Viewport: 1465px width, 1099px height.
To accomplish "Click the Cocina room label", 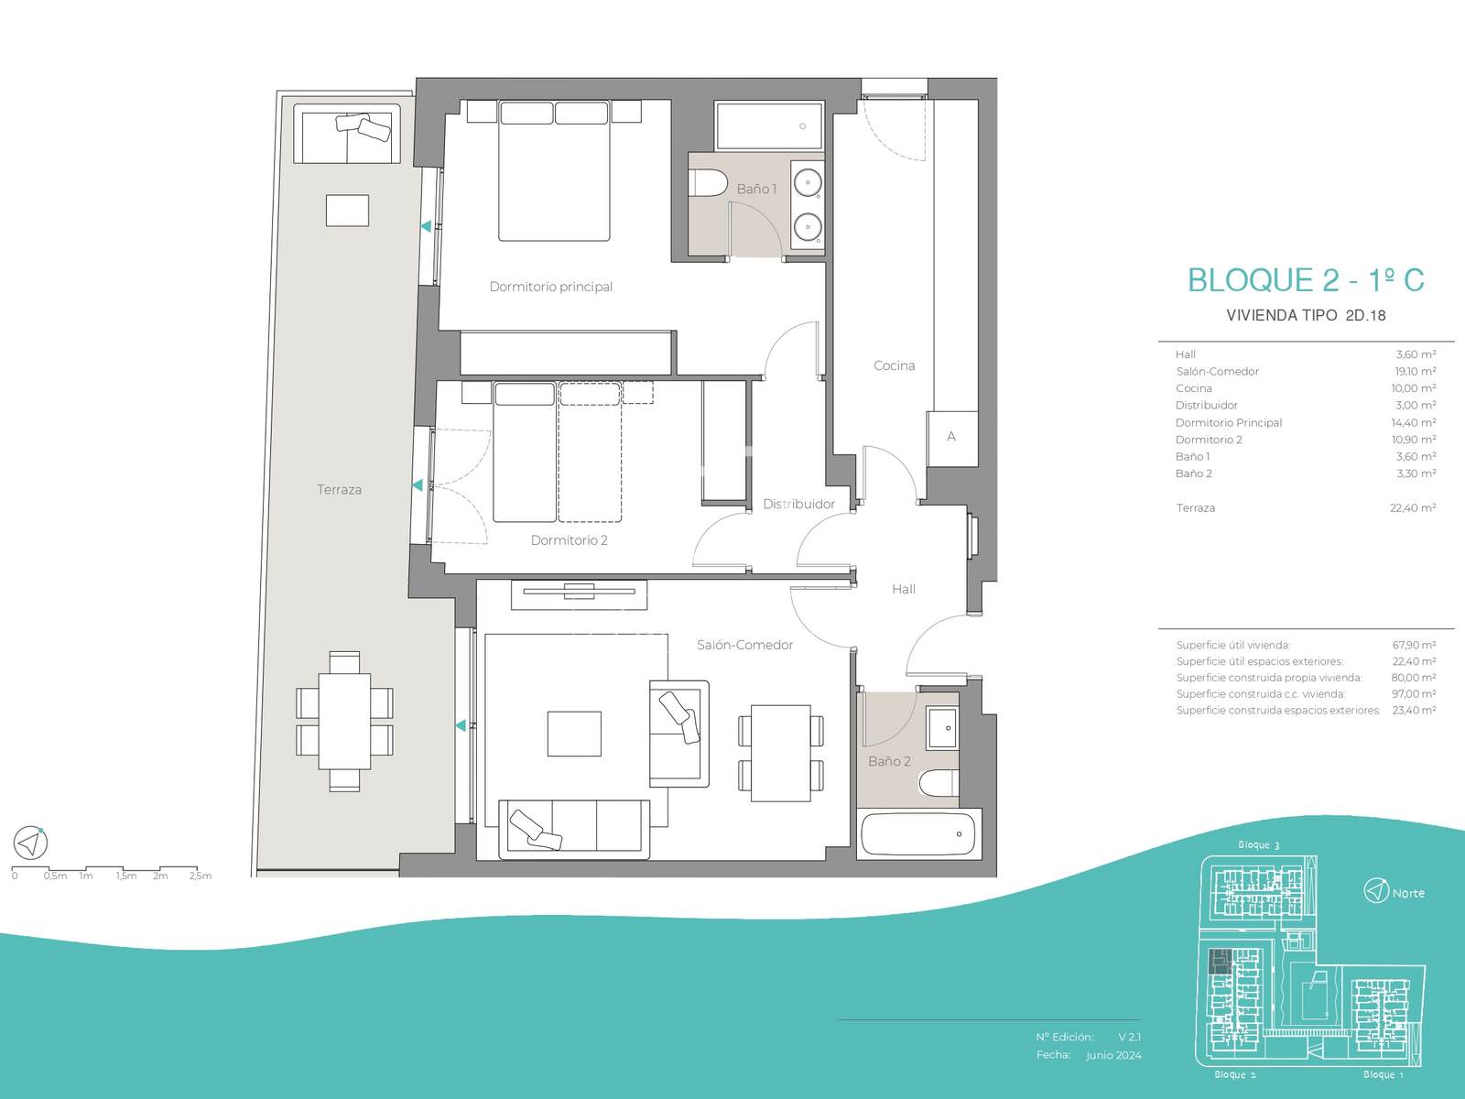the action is (x=894, y=365).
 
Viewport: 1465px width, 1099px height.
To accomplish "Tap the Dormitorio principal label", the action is (x=550, y=287).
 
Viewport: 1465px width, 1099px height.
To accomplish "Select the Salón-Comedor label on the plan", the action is (x=744, y=645).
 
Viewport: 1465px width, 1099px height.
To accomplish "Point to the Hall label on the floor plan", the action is (x=904, y=589).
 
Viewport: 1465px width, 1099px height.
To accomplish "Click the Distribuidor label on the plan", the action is (x=799, y=504).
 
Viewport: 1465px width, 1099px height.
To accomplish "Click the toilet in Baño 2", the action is (x=939, y=782).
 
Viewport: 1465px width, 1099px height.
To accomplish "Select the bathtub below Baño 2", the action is (x=918, y=833).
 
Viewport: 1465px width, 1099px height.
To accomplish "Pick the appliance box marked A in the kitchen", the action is (x=951, y=439).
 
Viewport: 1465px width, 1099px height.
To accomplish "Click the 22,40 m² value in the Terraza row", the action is (x=1413, y=507).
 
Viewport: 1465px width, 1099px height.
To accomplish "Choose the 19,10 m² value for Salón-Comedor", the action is (x=1415, y=371).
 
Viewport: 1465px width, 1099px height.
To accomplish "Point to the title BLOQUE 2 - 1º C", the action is (x=1307, y=280).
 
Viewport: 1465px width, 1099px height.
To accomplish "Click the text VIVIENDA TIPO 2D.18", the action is (x=1307, y=316).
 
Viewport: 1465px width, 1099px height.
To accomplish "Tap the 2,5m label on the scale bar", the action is (x=201, y=876).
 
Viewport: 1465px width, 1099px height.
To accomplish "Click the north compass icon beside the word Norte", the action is (x=1375, y=891).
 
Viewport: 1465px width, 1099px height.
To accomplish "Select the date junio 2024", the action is (x=1113, y=1055).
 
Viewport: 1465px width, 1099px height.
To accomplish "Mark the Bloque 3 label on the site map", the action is (x=1259, y=844).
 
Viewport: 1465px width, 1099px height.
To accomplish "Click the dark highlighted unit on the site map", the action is (x=1221, y=962).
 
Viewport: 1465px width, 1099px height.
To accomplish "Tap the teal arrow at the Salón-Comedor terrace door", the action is (x=461, y=725).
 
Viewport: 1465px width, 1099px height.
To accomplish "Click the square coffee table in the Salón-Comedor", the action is (x=574, y=734).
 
